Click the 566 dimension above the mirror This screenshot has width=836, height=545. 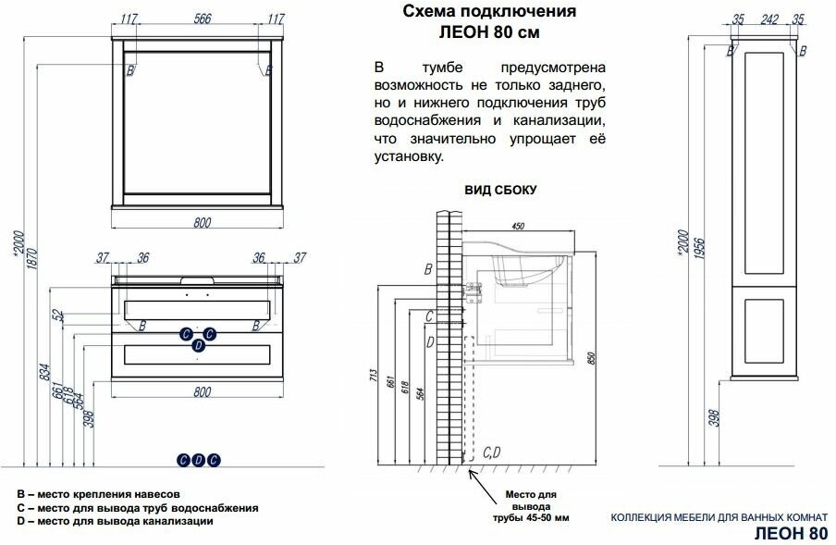click(x=203, y=19)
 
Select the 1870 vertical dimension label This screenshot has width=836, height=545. click(x=32, y=259)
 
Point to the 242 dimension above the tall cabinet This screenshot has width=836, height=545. click(x=769, y=19)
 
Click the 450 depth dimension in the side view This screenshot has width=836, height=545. click(x=518, y=226)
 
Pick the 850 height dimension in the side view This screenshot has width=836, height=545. click(x=590, y=358)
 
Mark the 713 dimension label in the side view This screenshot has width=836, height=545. click(x=374, y=376)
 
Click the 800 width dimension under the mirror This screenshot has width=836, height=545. click(x=203, y=222)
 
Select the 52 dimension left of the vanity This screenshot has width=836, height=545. click(x=60, y=316)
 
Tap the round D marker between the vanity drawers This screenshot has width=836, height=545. click(x=198, y=345)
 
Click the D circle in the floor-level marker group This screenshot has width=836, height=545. click(x=198, y=460)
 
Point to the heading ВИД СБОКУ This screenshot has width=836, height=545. click(x=500, y=190)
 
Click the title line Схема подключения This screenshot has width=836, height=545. click(x=489, y=11)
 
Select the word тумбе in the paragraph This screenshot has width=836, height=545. click(x=442, y=68)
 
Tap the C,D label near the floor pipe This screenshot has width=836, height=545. click(x=492, y=452)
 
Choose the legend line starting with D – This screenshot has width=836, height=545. click(x=116, y=521)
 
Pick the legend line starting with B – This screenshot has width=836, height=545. click(x=99, y=494)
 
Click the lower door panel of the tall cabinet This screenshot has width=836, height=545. click(x=764, y=331)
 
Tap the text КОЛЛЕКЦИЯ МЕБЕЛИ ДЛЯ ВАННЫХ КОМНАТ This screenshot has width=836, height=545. click(x=719, y=516)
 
